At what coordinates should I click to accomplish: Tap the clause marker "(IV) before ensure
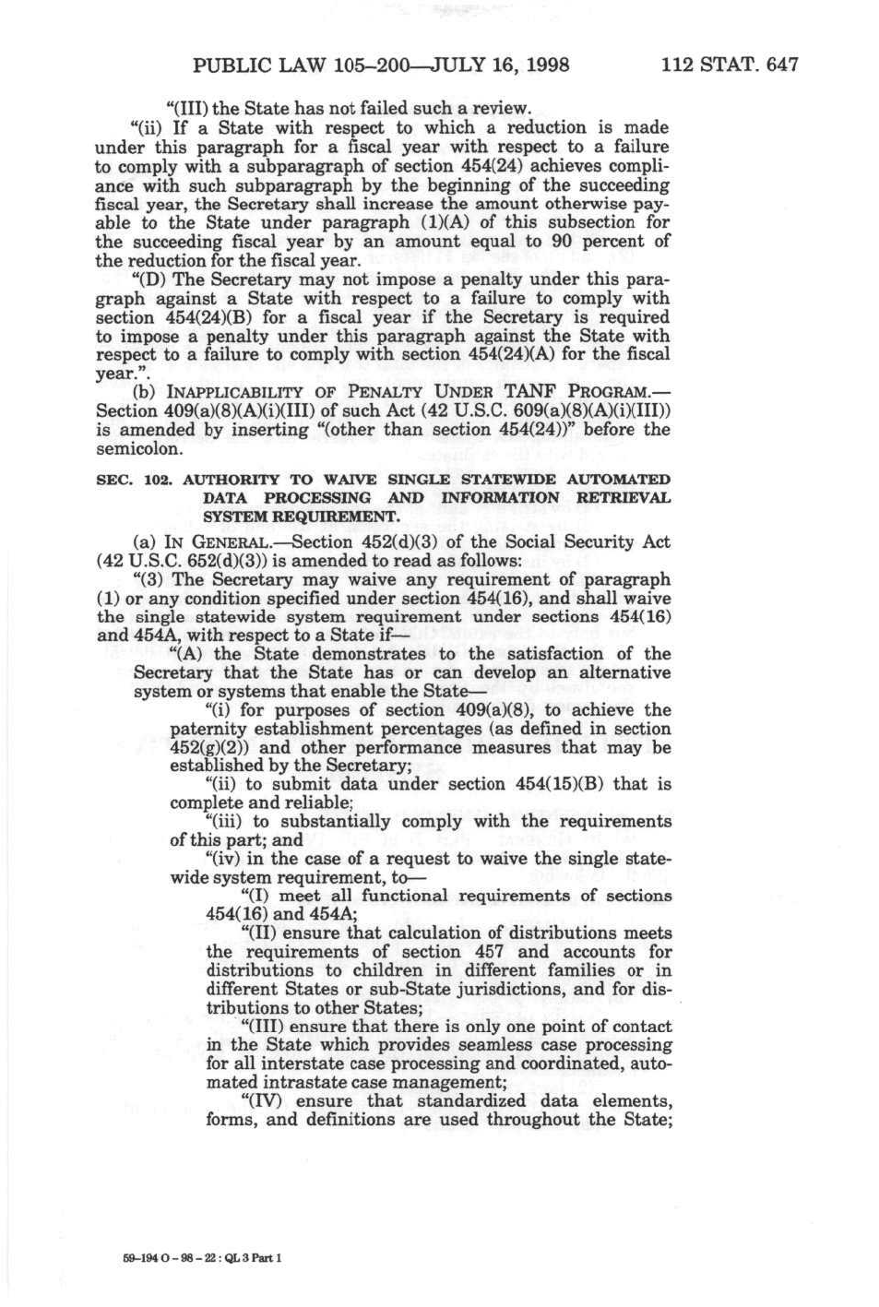click(x=263, y=1101)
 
